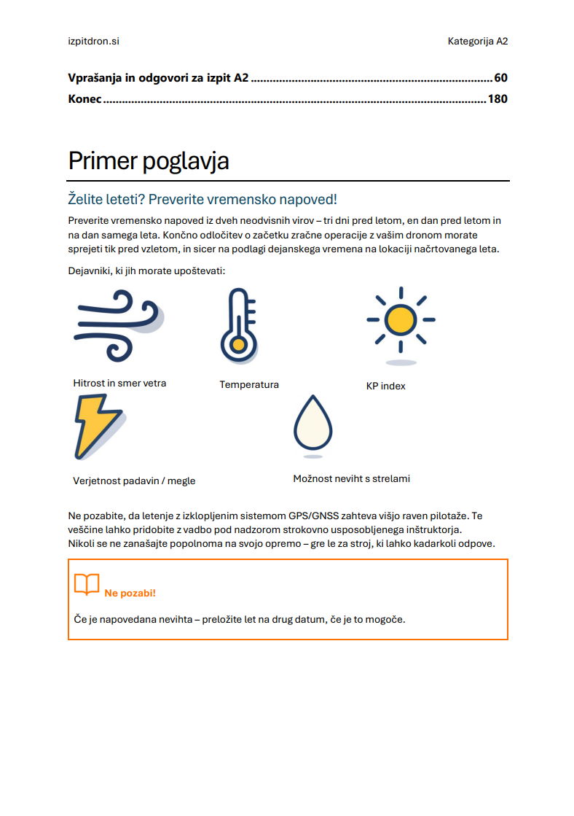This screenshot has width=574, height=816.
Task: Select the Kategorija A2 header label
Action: point(477,42)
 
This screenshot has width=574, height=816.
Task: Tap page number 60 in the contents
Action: point(500,78)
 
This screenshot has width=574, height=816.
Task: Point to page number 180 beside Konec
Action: point(498,99)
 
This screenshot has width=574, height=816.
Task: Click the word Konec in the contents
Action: point(84,99)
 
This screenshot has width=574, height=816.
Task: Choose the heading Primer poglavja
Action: point(149,160)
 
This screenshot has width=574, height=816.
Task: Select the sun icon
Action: point(400,320)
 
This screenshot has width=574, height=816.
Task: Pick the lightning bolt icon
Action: point(96,427)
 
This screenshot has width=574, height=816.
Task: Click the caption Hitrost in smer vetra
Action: point(119,383)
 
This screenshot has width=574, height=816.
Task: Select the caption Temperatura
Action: point(249,384)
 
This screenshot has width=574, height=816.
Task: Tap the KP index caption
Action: point(385,386)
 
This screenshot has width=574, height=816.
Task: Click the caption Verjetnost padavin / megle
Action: point(134,481)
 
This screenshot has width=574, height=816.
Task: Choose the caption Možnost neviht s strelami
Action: point(351,479)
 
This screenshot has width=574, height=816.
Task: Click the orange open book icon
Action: point(87,585)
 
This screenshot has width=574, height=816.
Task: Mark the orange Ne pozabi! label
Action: point(130,593)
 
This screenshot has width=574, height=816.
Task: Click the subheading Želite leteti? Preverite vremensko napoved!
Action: point(203,199)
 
